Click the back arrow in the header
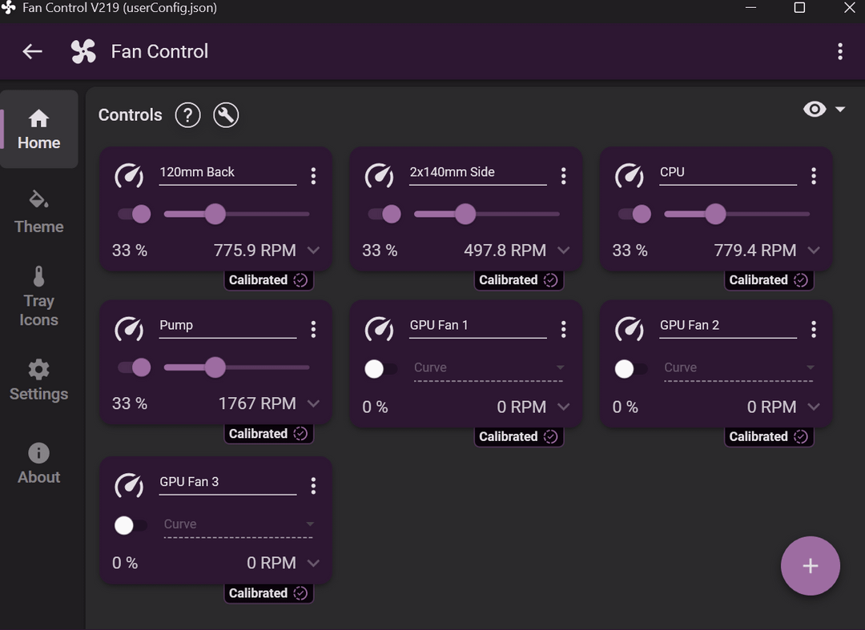(x=33, y=51)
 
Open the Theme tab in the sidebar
(x=38, y=212)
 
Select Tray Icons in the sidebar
(x=38, y=296)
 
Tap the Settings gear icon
(x=38, y=369)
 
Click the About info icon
(x=38, y=453)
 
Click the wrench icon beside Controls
(x=226, y=115)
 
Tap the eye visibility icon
(x=815, y=109)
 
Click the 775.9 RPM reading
(x=255, y=251)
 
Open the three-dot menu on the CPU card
(x=814, y=176)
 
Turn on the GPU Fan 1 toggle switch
(x=380, y=369)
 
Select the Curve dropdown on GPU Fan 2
(x=738, y=367)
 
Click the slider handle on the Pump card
(x=215, y=367)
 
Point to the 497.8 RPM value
(x=505, y=251)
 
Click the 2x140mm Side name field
(x=477, y=172)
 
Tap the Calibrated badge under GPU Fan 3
(x=268, y=593)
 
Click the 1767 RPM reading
(x=257, y=403)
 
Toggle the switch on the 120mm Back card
(x=135, y=214)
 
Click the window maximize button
(x=799, y=8)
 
